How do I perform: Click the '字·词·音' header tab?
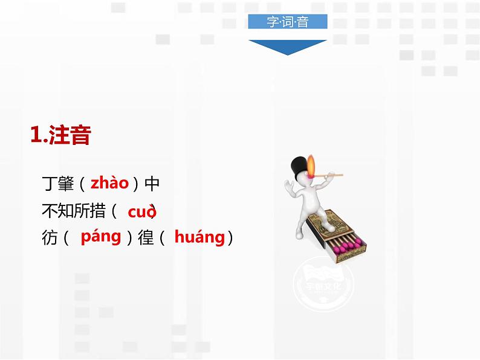pos(287,22)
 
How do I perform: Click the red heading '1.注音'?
pos(60,135)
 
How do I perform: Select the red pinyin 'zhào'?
pos(109,183)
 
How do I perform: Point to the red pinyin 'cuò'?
pos(141,211)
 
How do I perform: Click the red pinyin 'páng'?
pos(101,236)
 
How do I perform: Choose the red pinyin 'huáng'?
pos(199,237)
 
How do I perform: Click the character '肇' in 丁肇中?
pos(66,184)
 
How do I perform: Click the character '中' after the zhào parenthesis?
pos(152,184)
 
